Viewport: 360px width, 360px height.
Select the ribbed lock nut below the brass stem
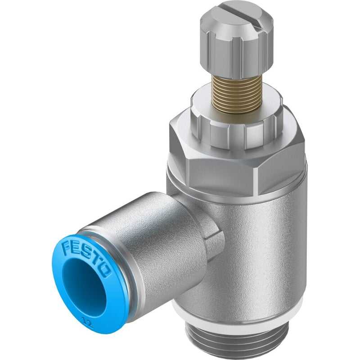coord(237,129)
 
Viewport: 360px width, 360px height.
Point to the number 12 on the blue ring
coord(88,322)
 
